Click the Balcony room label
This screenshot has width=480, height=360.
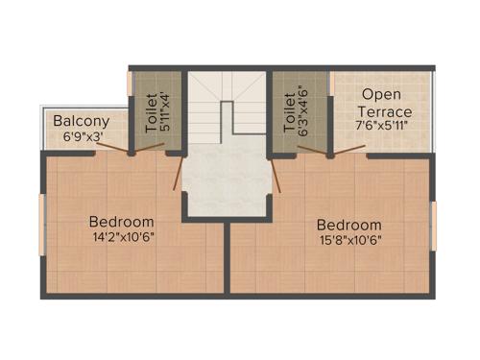pyautogui.click(x=81, y=122)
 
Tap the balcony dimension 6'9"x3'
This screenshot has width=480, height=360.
pyautogui.click(x=82, y=137)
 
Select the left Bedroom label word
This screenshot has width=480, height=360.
pyautogui.click(x=122, y=218)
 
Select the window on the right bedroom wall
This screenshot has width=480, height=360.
pyautogui.click(x=433, y=224)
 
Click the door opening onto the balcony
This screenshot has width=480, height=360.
pyautogui.click(x=114, y=148)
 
